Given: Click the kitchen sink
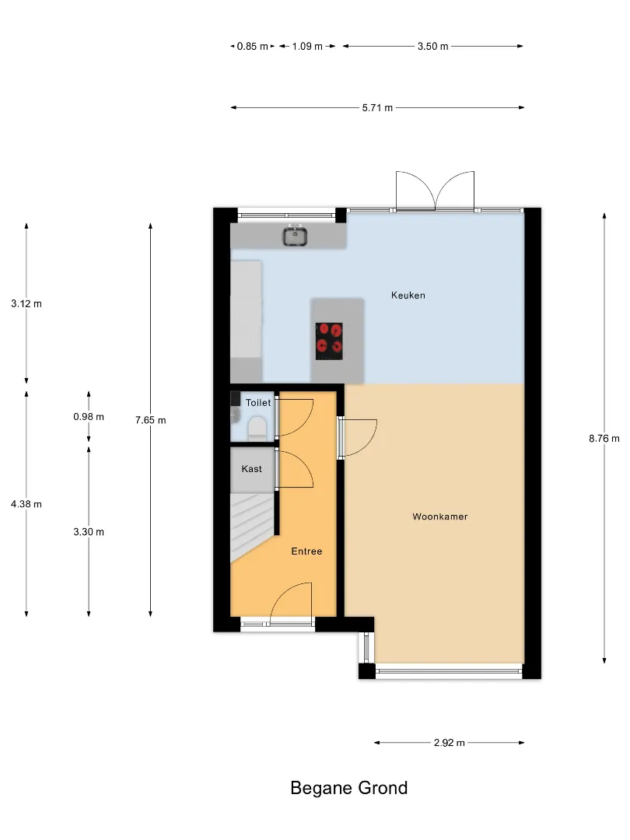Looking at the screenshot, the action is pyautogui.click(x=295, y=236).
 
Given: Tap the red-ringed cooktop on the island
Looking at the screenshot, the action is pyautogui.click(x=329, y=341).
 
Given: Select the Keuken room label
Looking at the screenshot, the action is pyautogui.click(x=408, y=296).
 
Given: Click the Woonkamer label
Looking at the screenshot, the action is pyautogui.click(x=439, y=516).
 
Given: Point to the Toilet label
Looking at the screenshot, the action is pyautogui.click(x=258, y=403).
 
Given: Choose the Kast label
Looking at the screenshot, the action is pyautogui.click(x=252, y=469).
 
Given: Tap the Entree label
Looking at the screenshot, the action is pyautogui.click(x=306, y=551).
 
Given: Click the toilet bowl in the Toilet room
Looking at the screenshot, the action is pyautogui.click(x=257, y=429).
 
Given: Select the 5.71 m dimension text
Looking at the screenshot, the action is pyautogui.click(x=377, y=107).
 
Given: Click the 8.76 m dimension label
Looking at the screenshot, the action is pyautogui.click(x=604, y=438).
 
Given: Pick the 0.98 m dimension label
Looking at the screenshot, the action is pyautogui.click(x=89, y=417).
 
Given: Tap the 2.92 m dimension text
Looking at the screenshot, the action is pyautogui.click(x=450, y=743).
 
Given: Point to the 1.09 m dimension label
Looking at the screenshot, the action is pyautogui.click(x=307, y=47).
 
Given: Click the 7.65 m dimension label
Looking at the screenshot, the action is pyautogui.click(x=151, y=420).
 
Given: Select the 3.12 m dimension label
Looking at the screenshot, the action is pyautogui.click(x=26, y=304).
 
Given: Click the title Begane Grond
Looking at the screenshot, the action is pyautogui.click(x=348, y=788).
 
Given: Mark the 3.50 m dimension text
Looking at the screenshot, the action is pyautogui.click(x=433, y=47).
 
